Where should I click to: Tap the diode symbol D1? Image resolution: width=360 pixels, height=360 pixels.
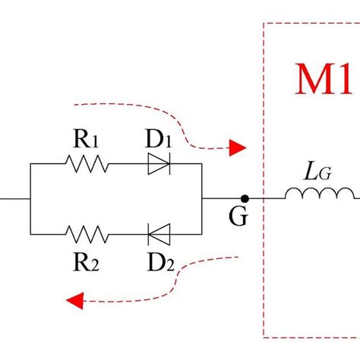pos(158,163)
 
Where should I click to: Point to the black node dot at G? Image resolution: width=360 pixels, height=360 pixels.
pos(245,198)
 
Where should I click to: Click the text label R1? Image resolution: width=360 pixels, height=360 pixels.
pos(86,139)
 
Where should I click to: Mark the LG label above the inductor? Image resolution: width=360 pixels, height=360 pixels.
pos(318,172)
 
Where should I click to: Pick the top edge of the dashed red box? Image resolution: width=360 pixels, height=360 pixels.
pos(311,23)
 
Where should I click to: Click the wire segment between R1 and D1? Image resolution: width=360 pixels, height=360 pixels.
pos(126,163)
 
